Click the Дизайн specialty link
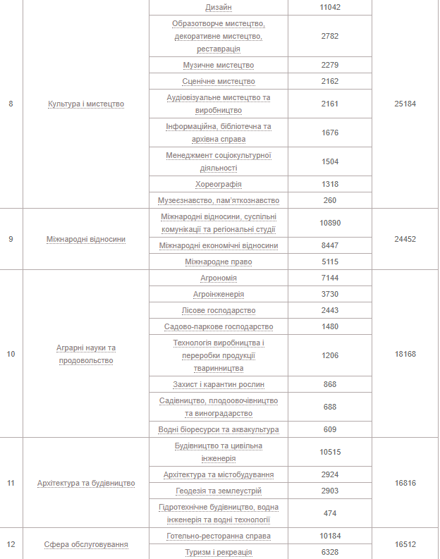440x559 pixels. [219, 7]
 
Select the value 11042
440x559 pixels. [330, 7]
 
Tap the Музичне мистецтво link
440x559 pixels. [219, 65]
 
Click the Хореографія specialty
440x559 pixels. [219, 184]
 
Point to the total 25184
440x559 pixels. [405, 104]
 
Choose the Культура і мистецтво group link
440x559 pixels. [86, 104]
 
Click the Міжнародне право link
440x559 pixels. [219, 262]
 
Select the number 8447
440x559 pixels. [330, 245]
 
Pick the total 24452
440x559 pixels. [405, 239]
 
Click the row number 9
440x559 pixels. [11, 239]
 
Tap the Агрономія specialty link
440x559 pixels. [219, 278]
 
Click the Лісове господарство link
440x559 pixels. [219, 310]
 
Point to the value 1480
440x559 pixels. [330, 326]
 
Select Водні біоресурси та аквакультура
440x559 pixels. [219, 429]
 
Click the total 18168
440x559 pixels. [405, 354]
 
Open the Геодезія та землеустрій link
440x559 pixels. [219, 491]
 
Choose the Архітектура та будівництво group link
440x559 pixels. [86, 483]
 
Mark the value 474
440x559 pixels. [330, 513]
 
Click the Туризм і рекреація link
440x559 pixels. [219, 552]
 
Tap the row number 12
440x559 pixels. [11, 544]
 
